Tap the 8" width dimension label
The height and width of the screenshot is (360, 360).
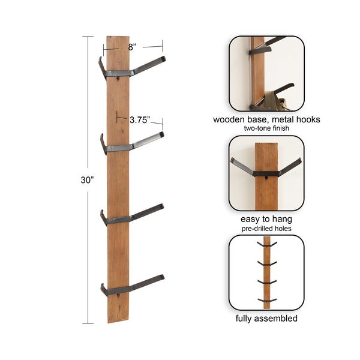(x=132, y=46)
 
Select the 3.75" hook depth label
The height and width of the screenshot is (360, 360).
(x=139, y=119)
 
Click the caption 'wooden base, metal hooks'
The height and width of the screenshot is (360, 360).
(x=266, y=119)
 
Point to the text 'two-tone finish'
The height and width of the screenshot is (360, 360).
(x=266, y=128)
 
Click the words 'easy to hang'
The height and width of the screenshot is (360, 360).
(x=266, y=219)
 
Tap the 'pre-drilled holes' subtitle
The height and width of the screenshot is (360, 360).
(x=266, y=228)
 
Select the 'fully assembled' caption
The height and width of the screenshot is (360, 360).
(x=266, y=318)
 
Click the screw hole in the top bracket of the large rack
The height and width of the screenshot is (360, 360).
(x=118, y=77)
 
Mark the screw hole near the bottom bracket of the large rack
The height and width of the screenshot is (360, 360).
(x=118, y=294)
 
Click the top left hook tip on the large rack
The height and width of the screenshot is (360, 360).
(x=101, y=61)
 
